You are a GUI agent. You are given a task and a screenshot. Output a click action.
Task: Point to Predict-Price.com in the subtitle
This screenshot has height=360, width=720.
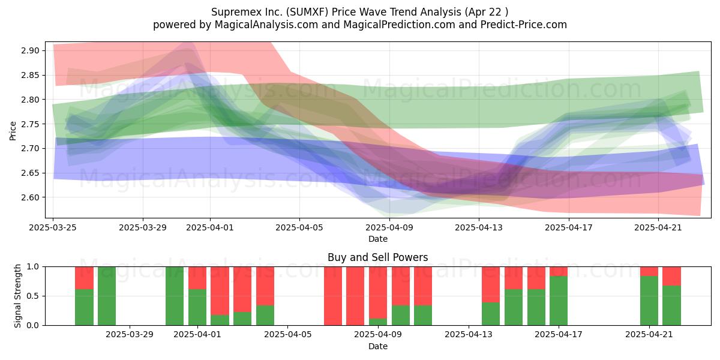[524, 25]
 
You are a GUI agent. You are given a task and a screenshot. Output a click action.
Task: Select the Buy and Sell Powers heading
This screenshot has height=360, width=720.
[377, 257]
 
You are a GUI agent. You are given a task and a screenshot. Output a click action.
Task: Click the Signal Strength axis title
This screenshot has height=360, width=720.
[17, 296]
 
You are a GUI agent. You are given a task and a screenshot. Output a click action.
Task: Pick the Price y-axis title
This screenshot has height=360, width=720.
[13, 131]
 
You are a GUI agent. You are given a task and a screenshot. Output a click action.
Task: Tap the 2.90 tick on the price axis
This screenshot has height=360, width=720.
[30, 51]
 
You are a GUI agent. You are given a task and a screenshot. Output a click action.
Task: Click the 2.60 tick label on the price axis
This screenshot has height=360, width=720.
[30, 197]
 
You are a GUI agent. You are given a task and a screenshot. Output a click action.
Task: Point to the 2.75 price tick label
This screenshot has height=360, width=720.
[30, 124]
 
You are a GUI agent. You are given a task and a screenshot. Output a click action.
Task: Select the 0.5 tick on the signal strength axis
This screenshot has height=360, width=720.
[33, 296]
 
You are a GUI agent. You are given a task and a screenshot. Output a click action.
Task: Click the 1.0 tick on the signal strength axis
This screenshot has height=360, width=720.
[33, 267]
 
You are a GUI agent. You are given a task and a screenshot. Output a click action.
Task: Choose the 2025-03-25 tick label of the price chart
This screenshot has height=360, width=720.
[53, 227]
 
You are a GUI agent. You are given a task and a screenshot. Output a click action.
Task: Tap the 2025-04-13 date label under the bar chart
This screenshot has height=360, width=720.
[469, 335]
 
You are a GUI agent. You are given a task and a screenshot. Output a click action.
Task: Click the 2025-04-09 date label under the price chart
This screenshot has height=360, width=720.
[389, 227]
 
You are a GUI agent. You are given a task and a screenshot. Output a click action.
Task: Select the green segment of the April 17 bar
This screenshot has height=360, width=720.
[559, 301]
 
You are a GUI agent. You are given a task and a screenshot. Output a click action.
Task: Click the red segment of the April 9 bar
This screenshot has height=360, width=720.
[377, 293]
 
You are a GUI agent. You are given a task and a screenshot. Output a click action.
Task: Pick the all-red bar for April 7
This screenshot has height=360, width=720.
[332, 296]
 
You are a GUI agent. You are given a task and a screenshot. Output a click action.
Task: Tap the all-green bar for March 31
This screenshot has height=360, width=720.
[175, 296]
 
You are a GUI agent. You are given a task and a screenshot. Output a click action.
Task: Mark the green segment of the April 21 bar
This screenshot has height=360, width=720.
[649, 301]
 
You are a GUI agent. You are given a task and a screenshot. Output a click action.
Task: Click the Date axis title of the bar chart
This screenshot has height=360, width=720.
[377, 346]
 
